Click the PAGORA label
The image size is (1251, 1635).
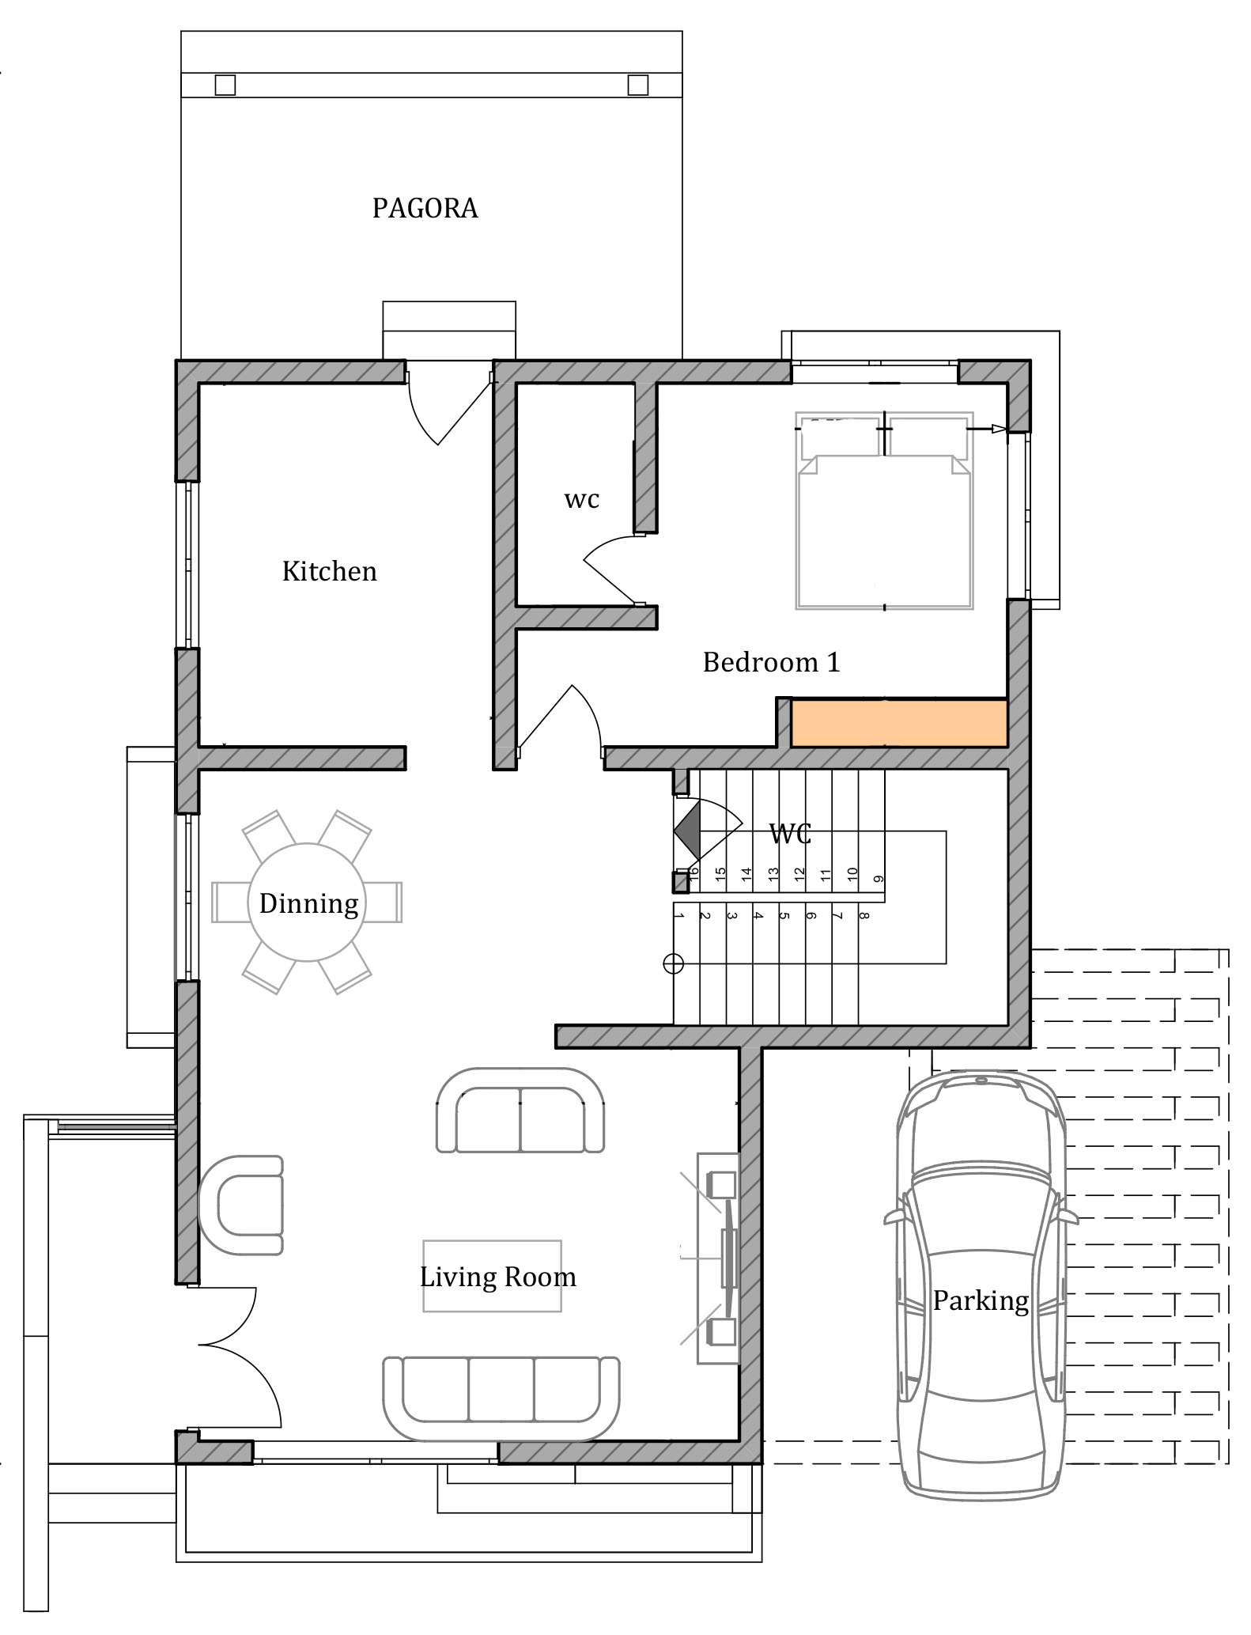425,208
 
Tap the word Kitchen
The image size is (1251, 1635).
329,571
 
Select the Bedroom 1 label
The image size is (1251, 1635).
771,662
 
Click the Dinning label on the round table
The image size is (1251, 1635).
308,903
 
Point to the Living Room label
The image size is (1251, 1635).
497,1277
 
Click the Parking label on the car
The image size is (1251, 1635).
981,1300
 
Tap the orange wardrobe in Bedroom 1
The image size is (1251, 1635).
899,723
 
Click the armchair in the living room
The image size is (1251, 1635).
241,1205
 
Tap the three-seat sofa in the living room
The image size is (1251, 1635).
501,1398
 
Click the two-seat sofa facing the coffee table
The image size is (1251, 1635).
520,1110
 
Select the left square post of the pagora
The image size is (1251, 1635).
225,85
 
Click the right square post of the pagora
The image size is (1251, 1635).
638,85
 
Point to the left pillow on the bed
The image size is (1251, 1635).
840,437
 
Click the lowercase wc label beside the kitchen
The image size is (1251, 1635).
581,500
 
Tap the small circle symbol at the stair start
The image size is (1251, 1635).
673,963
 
